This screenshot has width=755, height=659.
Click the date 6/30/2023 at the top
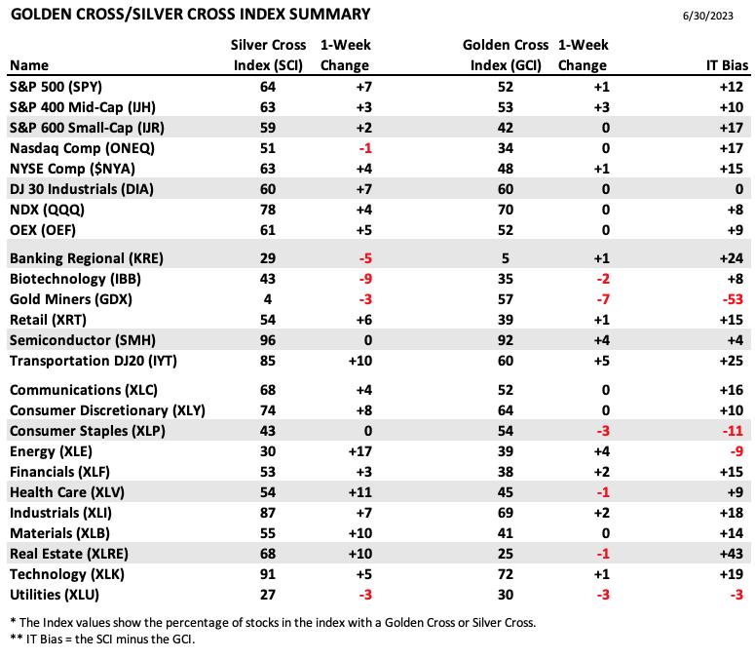[708, 16]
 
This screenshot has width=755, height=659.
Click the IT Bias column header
[727, 65]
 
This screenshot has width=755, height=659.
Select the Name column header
[29, 65]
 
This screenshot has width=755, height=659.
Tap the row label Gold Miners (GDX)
[71, 299]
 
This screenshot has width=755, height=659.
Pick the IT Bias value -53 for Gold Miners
[733, 299]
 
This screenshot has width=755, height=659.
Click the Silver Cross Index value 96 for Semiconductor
[268, 340]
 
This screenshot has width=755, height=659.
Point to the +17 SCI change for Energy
[359, 451]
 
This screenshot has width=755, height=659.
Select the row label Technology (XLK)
[67, 575]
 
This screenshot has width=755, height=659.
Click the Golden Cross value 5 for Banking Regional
[505, 258]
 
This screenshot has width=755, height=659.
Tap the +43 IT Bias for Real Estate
[732, 554]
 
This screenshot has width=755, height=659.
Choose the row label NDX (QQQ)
[47, 210]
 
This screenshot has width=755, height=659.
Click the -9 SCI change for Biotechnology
[365, 279]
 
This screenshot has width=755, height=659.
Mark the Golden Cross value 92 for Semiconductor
[505, 340]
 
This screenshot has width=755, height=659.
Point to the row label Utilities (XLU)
[55, 595]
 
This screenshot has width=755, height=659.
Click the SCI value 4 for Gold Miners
[268, 299]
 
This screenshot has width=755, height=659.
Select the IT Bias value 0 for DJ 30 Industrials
[739, 189]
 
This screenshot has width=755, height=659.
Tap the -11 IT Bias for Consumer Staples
[733, 431]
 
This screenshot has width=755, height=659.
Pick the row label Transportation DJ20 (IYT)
[94, 362]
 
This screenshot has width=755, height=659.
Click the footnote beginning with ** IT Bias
[102, 640]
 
